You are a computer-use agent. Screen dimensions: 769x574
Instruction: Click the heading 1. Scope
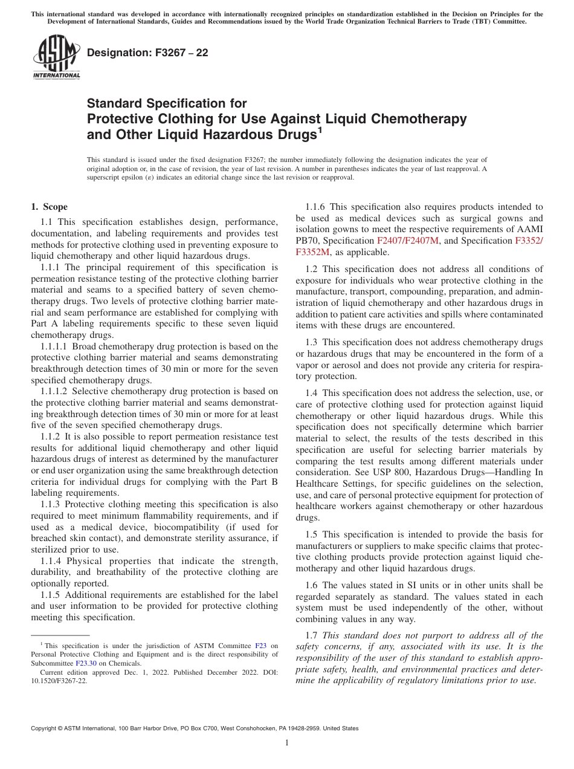(50, 207)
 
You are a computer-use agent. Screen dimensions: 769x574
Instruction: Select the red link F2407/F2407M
(408, 241)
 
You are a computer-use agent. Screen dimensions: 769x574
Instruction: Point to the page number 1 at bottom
(287, 743)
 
